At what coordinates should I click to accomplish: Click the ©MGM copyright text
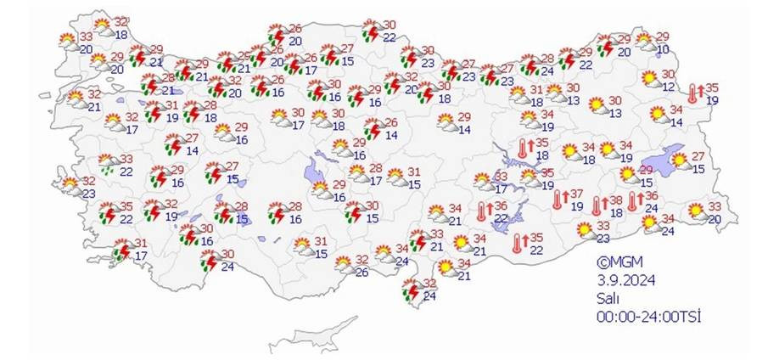point(615,263)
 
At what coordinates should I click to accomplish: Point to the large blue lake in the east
point(664,161)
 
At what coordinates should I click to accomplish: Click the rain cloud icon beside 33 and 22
point(109,163)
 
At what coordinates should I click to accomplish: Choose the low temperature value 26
point(361,272)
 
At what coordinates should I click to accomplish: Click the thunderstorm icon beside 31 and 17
point(122,250)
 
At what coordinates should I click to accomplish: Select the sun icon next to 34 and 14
point(657,115)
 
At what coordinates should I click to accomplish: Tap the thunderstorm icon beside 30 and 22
point(371,31)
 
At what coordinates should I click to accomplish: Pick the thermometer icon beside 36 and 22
point(482,211)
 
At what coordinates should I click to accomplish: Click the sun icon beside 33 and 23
point(584,230)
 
